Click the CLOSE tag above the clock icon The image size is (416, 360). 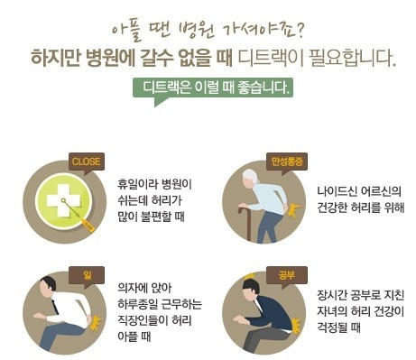click(87, 162)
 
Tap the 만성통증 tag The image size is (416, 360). click(287, 162)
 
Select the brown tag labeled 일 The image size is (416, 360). click(87, 275)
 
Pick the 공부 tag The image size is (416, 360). click(287, 275)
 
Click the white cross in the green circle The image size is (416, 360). click(63, 200)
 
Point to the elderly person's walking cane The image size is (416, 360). click(245, 223)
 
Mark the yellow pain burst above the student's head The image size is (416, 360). click(250, 276)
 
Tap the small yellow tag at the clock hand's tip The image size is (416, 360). click(88, 225)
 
